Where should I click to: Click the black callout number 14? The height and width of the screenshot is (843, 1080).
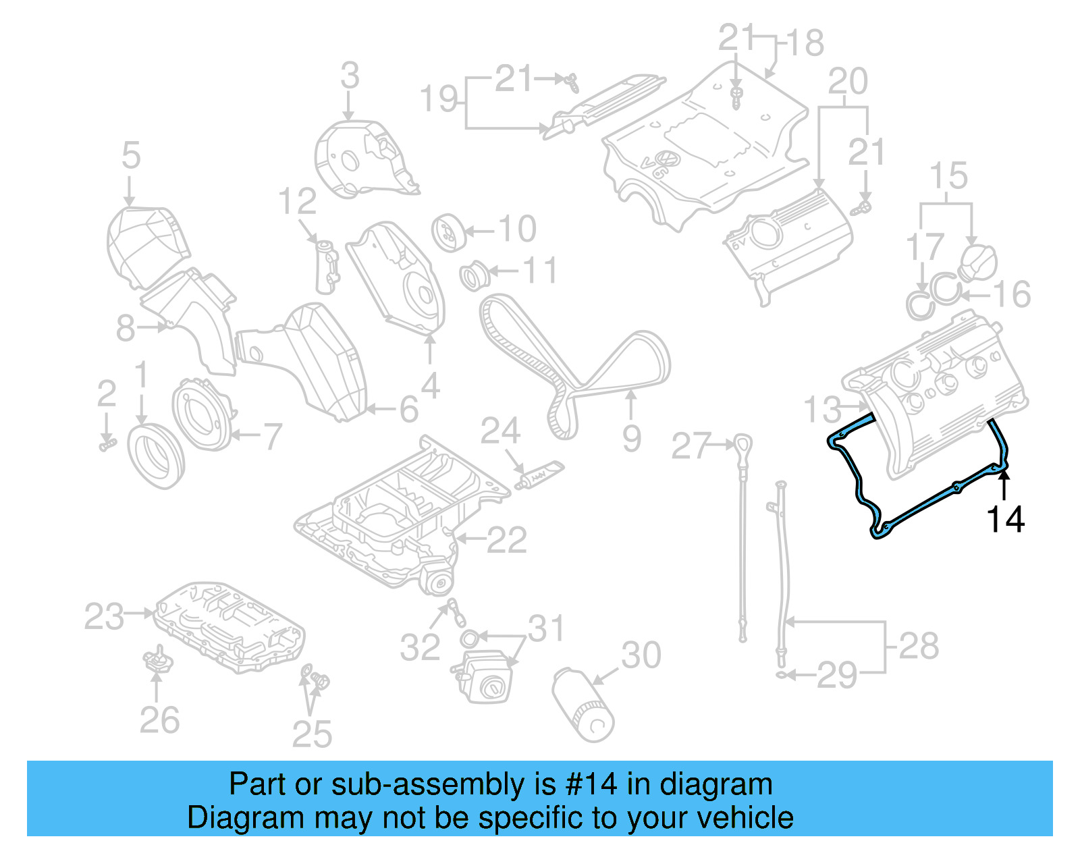pos(1005,520)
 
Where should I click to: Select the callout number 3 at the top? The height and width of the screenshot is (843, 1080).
pos(350,76)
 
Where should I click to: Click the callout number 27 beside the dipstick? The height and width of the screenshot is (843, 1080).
pos(691,446)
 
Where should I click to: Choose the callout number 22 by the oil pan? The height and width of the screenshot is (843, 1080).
pos(506,540)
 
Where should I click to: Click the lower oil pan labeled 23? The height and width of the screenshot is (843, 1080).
pos(230,628)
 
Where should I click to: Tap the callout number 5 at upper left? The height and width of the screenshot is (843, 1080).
pos(131,155)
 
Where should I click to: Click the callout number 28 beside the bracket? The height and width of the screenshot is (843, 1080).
pos(919,646)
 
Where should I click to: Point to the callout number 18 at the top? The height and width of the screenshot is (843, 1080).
pos(805,43)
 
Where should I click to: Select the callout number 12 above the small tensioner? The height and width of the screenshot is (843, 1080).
pos(298,201)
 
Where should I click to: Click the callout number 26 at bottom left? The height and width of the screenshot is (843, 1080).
pos(159,720)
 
